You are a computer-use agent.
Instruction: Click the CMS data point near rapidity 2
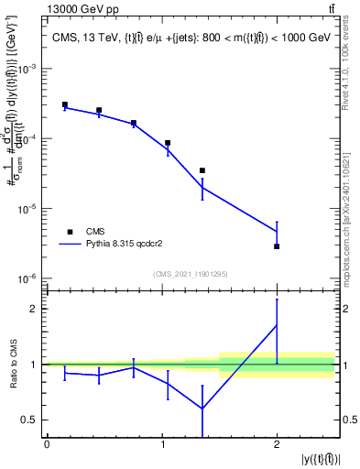pos(277,246)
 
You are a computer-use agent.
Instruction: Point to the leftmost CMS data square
pos(64,104)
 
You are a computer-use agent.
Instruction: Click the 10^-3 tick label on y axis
pos(28,70)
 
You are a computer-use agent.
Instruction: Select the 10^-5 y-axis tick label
pos(28,209)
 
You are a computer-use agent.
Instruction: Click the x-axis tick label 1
pos(162,444)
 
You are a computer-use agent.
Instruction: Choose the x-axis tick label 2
pos(277,444)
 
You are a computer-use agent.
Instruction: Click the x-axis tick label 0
pos(47,444)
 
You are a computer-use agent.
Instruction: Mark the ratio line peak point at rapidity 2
pos(277,325)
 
